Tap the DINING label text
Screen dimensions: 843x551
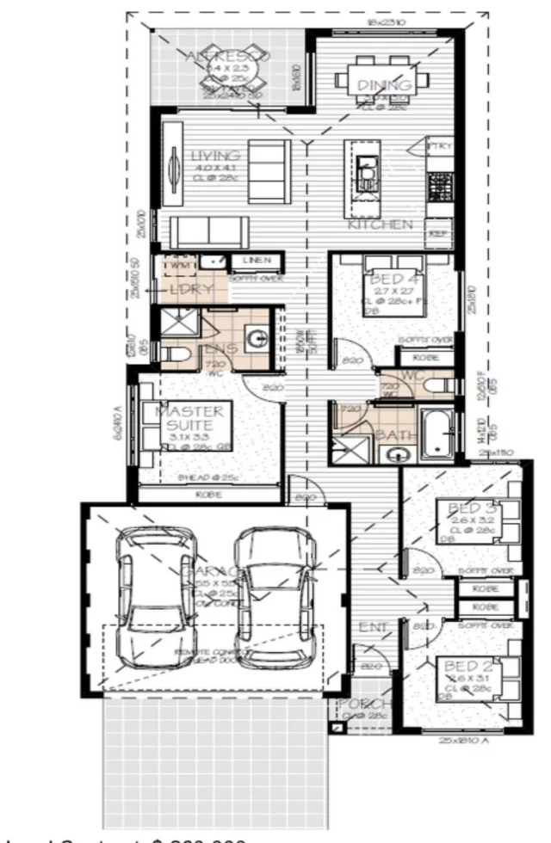(x=379, y=85)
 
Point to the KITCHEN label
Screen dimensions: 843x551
(x=380, y=225)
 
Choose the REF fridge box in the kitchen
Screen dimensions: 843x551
(x=439, y=232)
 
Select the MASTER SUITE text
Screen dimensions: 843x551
(x=190, y=418)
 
